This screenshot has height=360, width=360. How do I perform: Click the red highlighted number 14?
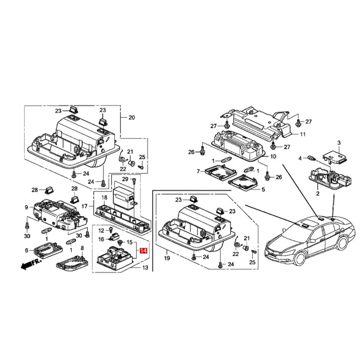point(144,251)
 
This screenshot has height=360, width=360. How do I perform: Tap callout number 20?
point(131,118)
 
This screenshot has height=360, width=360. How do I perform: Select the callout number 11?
point(302,134)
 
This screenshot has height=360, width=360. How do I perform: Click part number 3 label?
point(339,143)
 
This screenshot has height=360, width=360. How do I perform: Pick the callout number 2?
point(317,193)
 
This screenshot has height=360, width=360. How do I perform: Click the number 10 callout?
point(273,157)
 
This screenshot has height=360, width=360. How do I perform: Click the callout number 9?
point(27,207)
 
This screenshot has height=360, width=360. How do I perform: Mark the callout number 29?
point(126,180)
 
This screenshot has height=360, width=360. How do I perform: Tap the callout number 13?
point(145,268)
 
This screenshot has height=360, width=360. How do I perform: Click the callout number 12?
point(101,230)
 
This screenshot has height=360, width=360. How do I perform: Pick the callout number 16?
point(101,239)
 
